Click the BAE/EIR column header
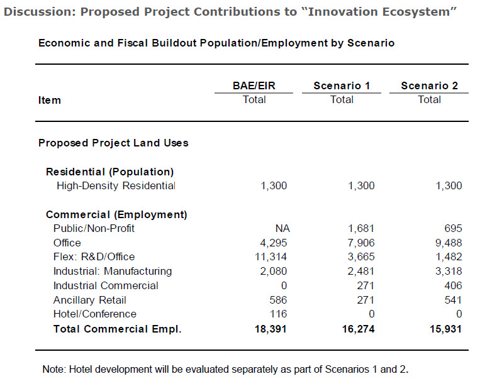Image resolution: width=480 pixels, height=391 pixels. (x=254, y=85)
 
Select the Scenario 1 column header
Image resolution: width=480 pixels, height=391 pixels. (x=342, y=85)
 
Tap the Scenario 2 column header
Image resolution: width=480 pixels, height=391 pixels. (x=429, y=85)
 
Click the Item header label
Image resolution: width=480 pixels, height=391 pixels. (x=50, y=100)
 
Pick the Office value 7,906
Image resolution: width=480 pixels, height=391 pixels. (x=359, y=243)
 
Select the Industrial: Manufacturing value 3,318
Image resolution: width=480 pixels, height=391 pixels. (x=446, y=272)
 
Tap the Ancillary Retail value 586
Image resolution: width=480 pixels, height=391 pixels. (x=277, y=300)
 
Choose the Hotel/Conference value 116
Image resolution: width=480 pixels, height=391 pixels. (x=277, y=314)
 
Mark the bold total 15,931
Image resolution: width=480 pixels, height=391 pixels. (x=444, y=329)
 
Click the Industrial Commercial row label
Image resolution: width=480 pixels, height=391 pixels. (x=106, y=286)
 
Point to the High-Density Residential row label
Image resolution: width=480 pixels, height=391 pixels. (x=116, y=186)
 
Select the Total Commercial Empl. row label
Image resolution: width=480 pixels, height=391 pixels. (x=117, y=329)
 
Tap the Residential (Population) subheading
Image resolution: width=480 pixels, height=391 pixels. (x=109, y=172)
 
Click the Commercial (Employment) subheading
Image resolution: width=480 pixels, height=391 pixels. (x=116, y=214)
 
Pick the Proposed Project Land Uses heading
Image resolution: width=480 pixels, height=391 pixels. (x=113, y=143)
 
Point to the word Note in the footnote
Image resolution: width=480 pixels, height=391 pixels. (x=53, y=369)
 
